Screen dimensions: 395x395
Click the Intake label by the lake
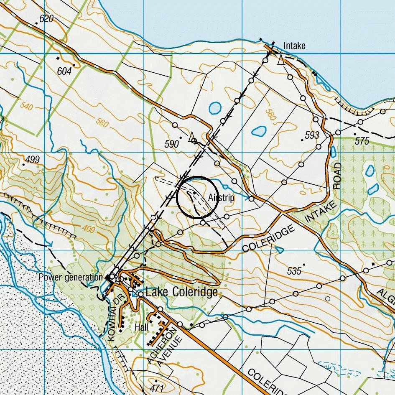pos(294,46)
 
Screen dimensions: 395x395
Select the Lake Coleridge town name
pos(181,292)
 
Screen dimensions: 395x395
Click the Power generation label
pos(70,277)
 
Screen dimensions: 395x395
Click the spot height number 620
pos(46,19)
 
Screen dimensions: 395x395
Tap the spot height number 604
pos(64,71)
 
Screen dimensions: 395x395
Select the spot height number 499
pos(32,159)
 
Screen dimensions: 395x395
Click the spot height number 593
pos(312,135)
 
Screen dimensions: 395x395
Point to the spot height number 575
pos(362,141)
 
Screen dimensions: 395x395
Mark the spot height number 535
pos(294,271)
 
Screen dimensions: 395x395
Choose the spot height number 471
pos(156,388)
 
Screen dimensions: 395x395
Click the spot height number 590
pos(172,144)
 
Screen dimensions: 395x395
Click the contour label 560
pos(102,123)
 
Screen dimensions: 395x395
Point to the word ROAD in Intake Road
pos(338,176)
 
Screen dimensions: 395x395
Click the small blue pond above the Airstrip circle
pos(215,108)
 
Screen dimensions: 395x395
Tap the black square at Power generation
pos(107,277)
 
